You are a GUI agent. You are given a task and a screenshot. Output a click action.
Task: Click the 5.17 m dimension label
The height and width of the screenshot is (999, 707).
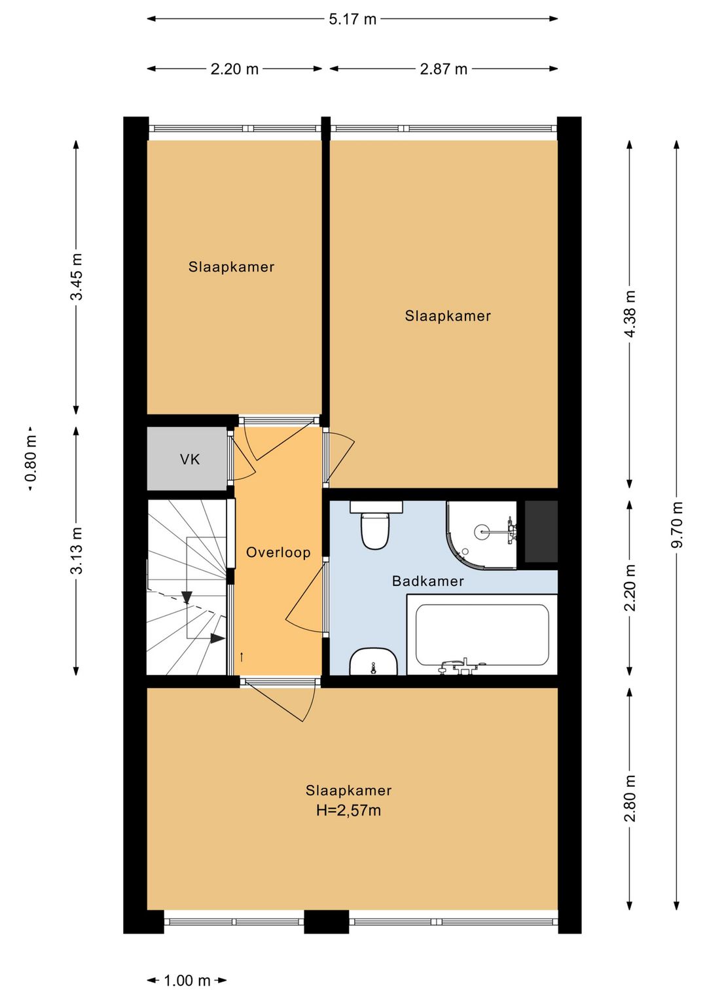click(352, 19)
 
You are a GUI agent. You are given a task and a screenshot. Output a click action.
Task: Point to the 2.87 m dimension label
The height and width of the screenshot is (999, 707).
click(443, 69)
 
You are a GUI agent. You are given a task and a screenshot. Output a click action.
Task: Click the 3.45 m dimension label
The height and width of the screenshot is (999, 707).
click(77, 276)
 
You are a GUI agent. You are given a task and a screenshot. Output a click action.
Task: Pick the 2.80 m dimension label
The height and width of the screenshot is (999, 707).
click(629, 798)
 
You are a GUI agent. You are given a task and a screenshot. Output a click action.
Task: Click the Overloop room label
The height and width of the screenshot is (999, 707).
click(278, 553)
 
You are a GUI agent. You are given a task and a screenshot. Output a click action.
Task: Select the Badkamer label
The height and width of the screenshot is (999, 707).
click(427, 581)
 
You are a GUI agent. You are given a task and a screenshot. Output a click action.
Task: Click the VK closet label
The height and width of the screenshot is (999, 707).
click(190, 460)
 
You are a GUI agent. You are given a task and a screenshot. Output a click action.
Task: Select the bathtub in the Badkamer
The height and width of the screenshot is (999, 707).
click(482, 634)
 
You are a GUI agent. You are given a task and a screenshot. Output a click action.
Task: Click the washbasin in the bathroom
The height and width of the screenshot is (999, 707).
click(373, 661)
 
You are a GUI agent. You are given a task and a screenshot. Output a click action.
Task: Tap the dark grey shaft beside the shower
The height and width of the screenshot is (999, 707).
click(541, 531)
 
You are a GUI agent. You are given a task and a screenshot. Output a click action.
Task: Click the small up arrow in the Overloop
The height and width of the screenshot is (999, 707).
click(242, 657)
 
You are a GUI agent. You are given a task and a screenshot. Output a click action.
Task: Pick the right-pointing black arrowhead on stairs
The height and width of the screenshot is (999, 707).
click(217, 639)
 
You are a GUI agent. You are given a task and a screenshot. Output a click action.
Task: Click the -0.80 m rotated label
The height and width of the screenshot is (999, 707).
click(31, 459)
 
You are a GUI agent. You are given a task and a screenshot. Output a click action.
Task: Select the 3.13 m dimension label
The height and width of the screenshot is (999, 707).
click(77, 551)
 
